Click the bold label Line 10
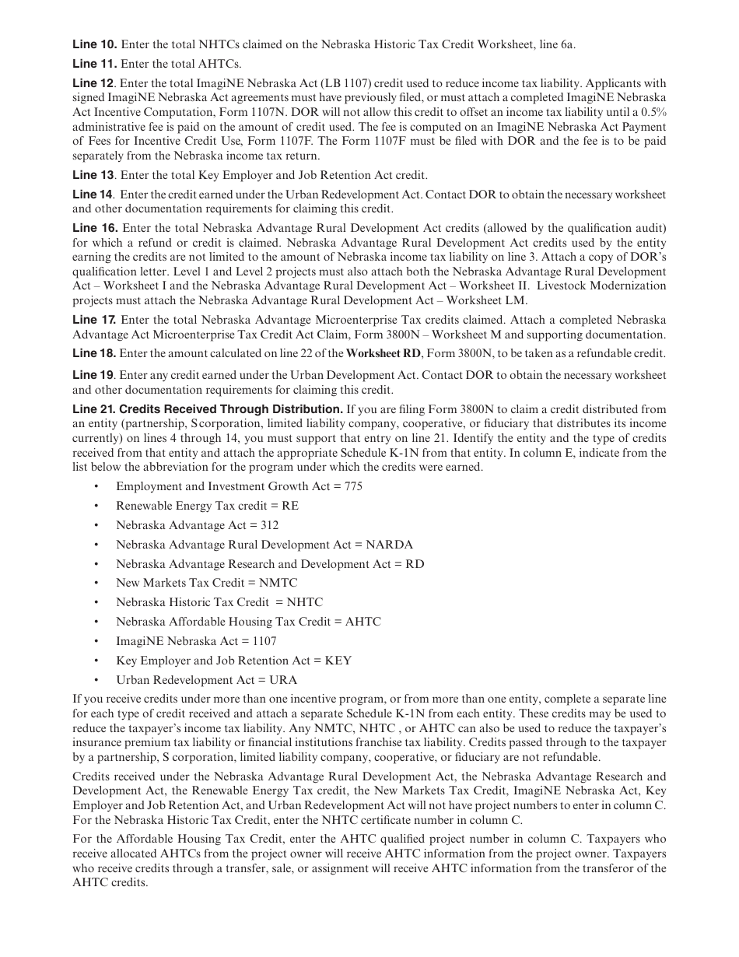94,44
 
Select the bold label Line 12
93,83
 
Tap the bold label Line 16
94,228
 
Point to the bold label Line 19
93,375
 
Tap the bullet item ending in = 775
239,486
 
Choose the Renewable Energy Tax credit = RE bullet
207,506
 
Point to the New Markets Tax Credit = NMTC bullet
206,583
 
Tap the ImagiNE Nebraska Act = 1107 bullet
196,641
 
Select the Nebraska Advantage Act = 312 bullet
197,525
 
